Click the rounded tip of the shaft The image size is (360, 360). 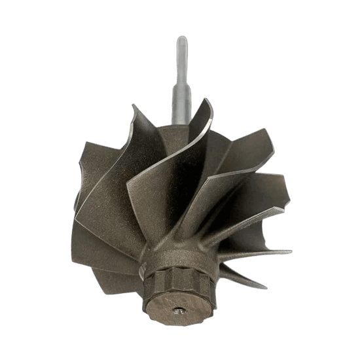(x=181, y=40)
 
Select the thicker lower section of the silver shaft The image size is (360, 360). (x=181, y=105)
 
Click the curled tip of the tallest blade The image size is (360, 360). (x=207, y=100)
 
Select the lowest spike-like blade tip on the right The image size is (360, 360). (x=266, y=287)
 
